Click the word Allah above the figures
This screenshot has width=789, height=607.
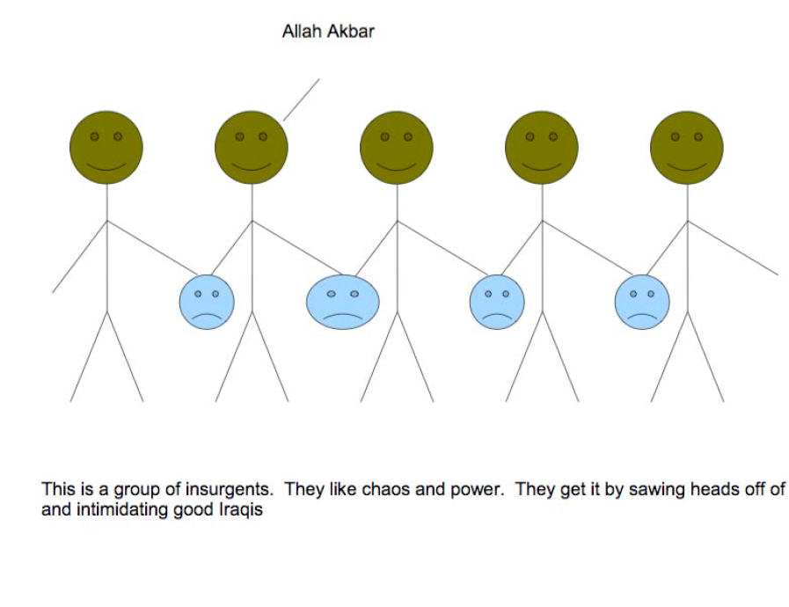302,31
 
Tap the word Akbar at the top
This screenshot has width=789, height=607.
351,31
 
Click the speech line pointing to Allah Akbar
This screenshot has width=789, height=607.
302,99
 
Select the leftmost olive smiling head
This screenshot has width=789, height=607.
106,148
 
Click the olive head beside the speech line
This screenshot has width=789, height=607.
252,148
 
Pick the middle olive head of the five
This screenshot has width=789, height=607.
397,148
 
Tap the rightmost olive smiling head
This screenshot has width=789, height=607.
687,148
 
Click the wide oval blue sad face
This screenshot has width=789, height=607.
343,302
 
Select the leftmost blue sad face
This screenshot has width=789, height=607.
207,302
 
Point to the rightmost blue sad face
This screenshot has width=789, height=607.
642,302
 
